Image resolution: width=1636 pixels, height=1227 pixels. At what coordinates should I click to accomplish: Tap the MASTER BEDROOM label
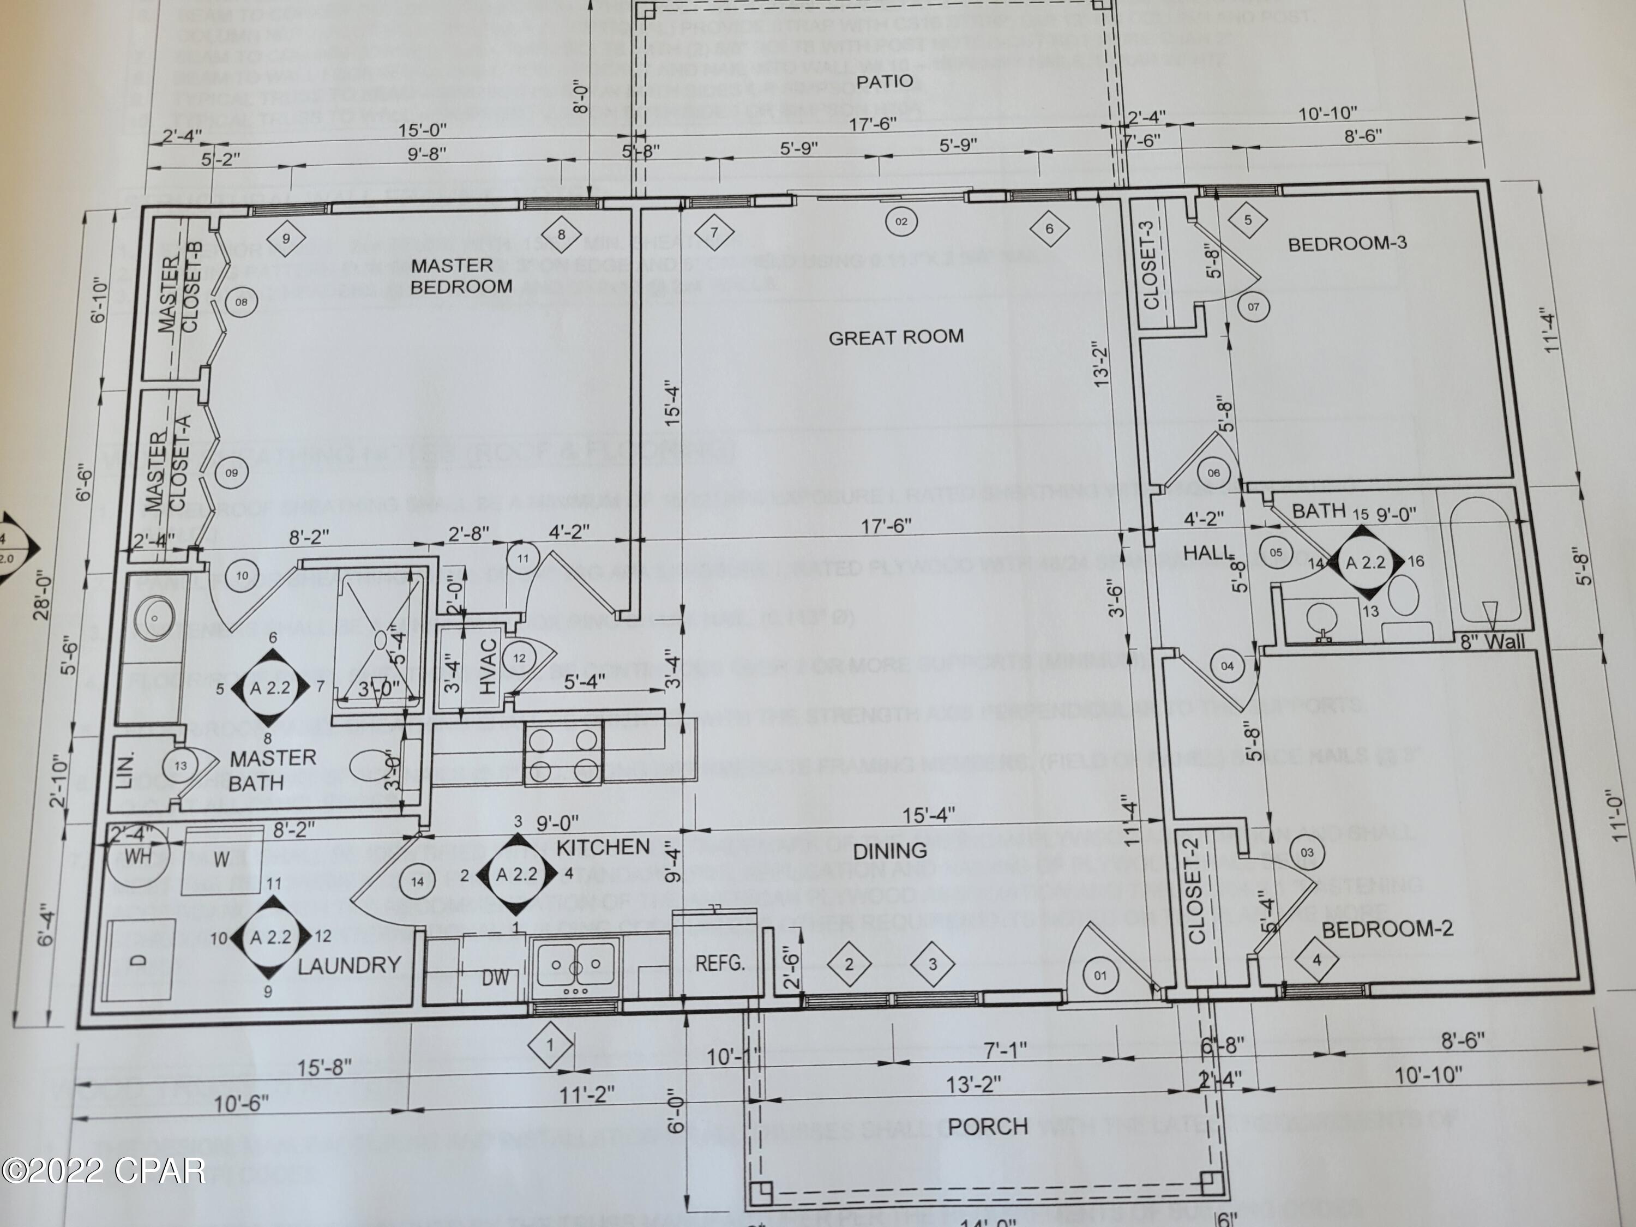click(461, 276)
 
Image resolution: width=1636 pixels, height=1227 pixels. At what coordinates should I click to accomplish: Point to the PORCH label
click(988, 1127)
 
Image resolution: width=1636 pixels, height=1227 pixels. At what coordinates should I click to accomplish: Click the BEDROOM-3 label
click(1347, 244)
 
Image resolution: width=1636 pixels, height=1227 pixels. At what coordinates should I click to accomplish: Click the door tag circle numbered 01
click(1100, 975)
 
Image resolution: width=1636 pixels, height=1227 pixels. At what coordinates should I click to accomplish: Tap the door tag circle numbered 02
click(901, 221)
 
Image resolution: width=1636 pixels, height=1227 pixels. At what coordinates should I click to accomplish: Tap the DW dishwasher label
click(496, 978)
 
